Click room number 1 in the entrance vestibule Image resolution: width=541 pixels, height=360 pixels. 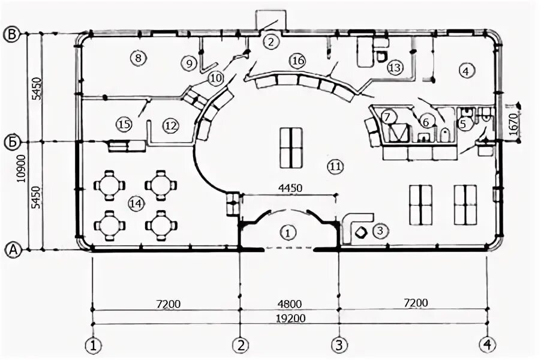pos(288,232)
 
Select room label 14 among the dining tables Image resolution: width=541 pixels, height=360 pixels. pos(136,204)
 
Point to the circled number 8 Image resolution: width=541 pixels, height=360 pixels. pos(137,58)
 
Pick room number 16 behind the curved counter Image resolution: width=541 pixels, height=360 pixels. pos(298,61)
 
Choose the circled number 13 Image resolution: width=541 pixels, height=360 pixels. pos(394,67)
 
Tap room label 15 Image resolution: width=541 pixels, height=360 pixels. pos(124,124)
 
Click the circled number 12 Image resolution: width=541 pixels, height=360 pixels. pos(170,126)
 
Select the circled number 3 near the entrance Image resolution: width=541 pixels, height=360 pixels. pos(378,230)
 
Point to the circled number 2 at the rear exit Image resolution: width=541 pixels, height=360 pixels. pos(271,41)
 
